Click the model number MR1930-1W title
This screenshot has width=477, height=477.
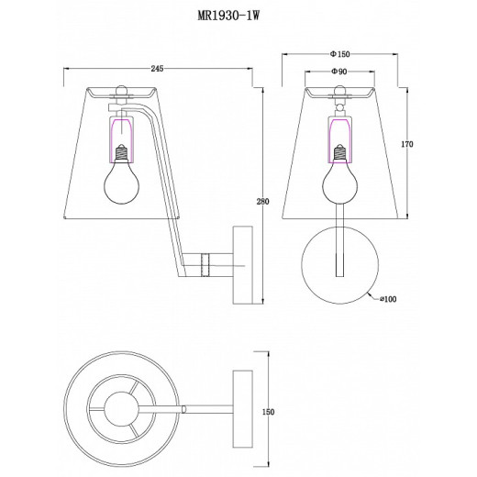tap(228, 16)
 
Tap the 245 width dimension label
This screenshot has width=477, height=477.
tap(157, 69)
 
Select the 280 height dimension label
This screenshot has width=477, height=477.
tap(262, 202)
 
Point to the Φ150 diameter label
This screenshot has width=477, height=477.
tap(339, 54)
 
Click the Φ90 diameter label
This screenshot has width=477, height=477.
tap(339, 72)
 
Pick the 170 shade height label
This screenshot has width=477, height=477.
tap(407, 144)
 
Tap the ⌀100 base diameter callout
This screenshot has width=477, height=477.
tap(388, 299)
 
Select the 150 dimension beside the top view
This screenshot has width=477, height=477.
tap(268, 412)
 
